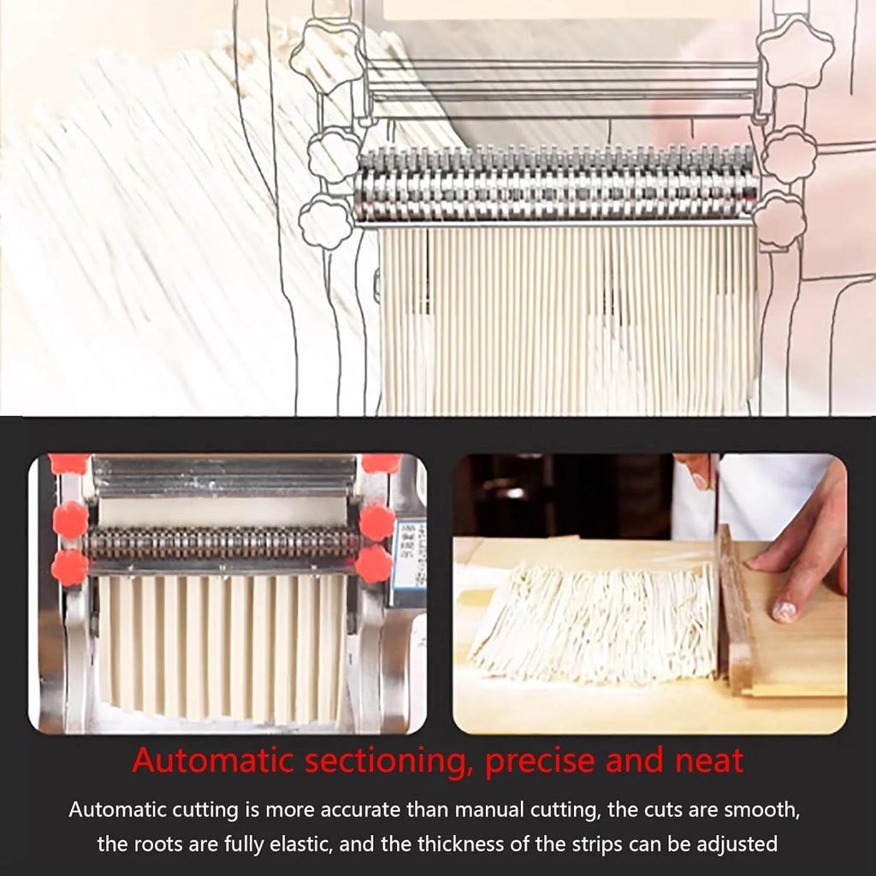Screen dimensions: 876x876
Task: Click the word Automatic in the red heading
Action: pyautogui.click(x=212, y=760)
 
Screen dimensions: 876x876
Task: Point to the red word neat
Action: pyautogui.click(x=709, y=761)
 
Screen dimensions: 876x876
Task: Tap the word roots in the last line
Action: pyautogui.click(x=157, y=843)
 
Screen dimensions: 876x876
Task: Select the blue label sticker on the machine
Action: pyautogui.click(x=410, y=554)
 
